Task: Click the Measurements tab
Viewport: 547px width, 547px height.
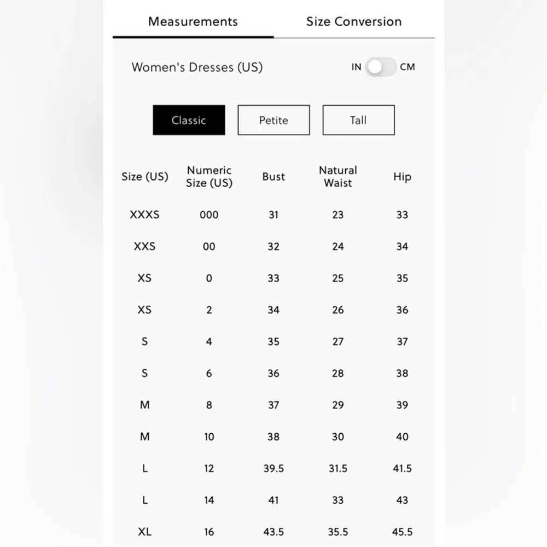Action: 193,22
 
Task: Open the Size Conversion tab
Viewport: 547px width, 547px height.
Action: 354,22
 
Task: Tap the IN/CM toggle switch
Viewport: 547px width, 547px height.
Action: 381,67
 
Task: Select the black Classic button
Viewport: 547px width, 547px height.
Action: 189,120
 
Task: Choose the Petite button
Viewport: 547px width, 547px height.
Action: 273,120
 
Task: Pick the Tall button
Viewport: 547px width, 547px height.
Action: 358,120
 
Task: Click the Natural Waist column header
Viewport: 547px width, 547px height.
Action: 338,177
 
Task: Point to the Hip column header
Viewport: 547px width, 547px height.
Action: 402,177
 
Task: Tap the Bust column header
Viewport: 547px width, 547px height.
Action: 273,177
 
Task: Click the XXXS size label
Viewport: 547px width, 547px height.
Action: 144,215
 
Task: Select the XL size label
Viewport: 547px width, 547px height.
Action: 144,532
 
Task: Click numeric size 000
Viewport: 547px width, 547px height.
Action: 209,215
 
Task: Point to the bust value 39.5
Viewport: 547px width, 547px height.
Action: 273,468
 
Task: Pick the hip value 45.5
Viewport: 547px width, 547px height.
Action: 402,532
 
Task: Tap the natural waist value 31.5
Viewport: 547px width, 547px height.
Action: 338,468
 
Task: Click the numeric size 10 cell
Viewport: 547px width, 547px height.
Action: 209,437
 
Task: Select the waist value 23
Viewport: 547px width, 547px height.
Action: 338,215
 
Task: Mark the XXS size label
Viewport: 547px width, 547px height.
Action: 144,247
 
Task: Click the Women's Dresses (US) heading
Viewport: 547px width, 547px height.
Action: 197,67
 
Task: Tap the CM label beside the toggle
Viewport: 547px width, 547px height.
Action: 408,67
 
